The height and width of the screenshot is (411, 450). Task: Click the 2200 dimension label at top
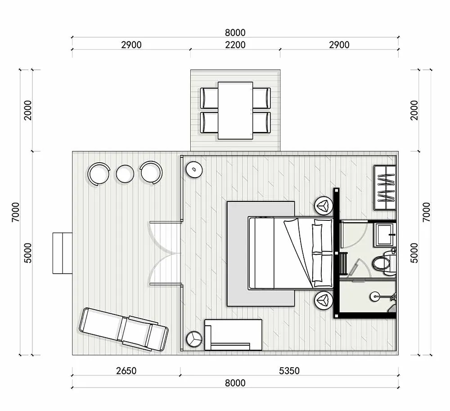tap(235, 45)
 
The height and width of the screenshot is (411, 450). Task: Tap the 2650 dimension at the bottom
tap(126, 371)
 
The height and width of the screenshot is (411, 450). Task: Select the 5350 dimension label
tap(289, 371)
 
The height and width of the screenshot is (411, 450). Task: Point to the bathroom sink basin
tap(385, 235)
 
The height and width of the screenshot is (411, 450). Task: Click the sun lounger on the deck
tap(124, 329)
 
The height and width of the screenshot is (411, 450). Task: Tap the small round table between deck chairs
tap(125, 174)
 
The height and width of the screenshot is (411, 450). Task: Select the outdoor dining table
tap(235, 111)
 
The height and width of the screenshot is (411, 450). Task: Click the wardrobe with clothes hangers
tap(385, 187)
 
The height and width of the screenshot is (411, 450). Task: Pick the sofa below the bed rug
tap(233, 334)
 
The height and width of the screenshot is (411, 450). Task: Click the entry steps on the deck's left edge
tap(62, 253)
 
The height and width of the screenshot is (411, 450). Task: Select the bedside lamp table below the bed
tap(324, 300)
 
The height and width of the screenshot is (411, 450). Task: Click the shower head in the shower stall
tap(374, 297)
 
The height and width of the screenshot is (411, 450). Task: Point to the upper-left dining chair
tap(209, 98)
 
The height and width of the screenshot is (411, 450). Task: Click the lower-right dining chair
tap(261, 123)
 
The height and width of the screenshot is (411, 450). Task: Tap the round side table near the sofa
tap(194, 339)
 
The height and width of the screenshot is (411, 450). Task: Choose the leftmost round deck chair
tap(99, 174)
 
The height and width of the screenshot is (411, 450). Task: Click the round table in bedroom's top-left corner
tap(194, 169)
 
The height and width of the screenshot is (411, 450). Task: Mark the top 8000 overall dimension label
tap(235, 32)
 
